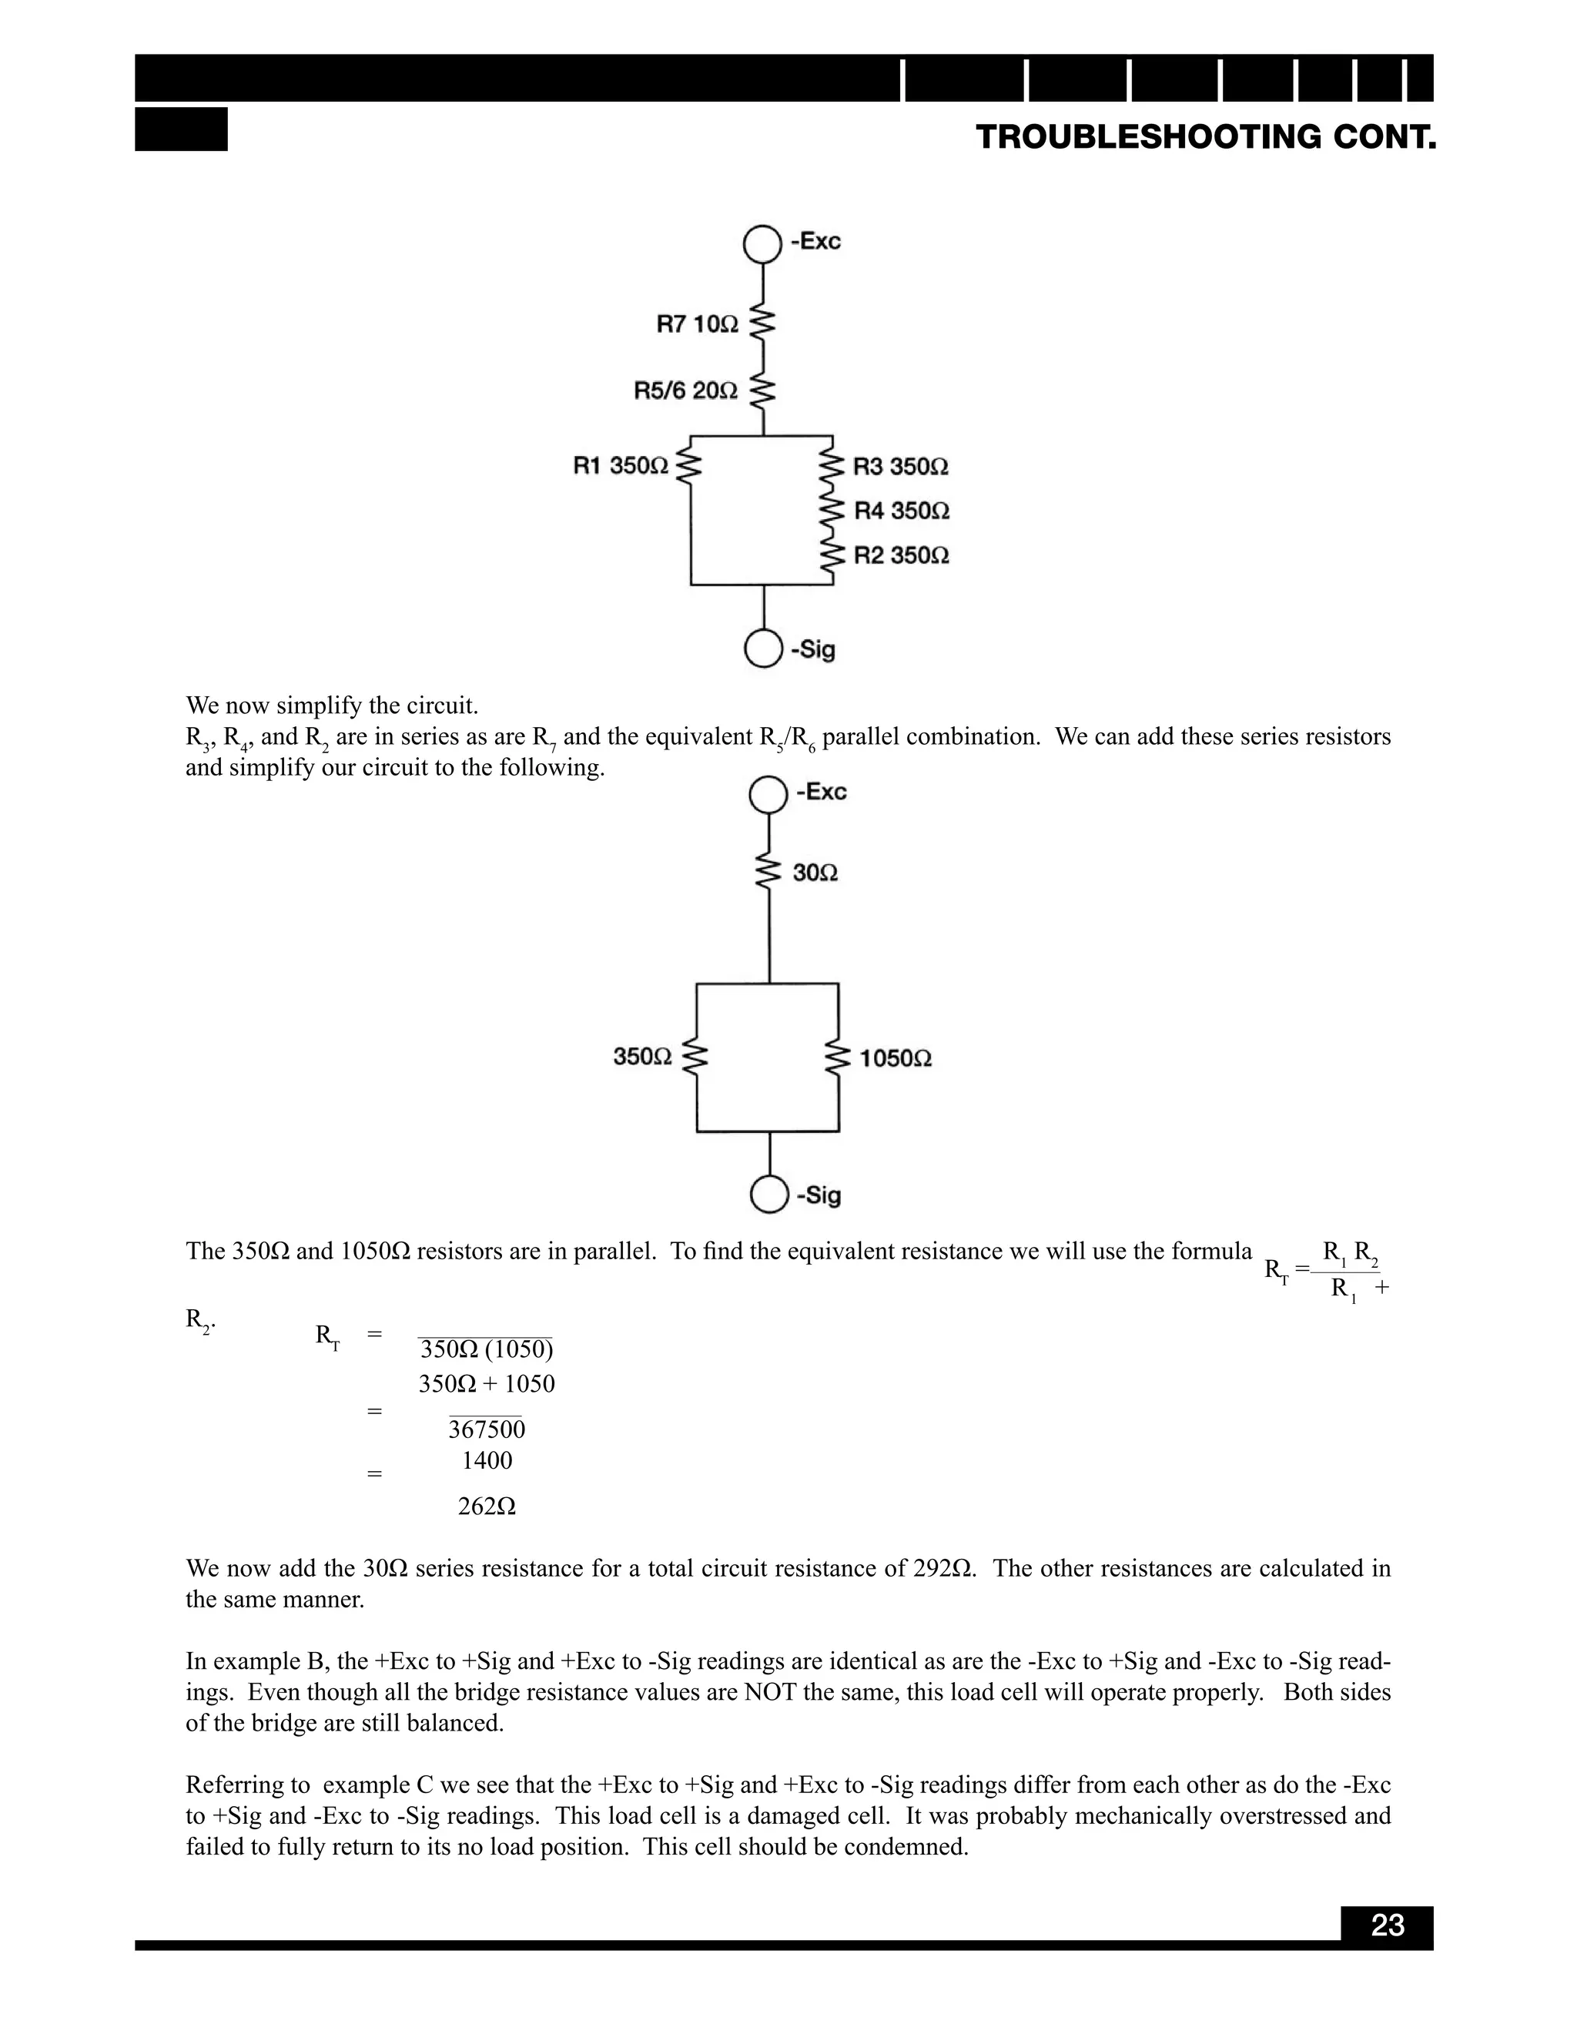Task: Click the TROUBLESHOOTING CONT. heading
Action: pyautogui.click(x=1205, y=137)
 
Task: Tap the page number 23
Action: pyautogui.click(x=1388, y=1925)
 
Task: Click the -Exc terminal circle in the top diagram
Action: pyautogui.click(x=762, y=245)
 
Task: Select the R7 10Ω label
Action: pyautogui.click(x=697, y=324)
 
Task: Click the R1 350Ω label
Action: pyautogui.click(x=621, y=465)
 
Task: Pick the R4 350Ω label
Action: pyautogui.click(x=902, y=511)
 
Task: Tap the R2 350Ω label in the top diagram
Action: pyautogui.click(x=902, y=556)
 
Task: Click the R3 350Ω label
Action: pyautogui.click(x=901, y=466)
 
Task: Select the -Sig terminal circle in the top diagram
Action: pyautogui.click(x=763, y=648)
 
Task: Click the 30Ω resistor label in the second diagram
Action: pyautogui.click(x=815, y=873)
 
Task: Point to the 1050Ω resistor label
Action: pyautogui.click(x=895, y=1059)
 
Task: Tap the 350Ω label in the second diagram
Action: pyautogui.click(x=642, y=1057)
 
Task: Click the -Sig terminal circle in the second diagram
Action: pyautogui.click(x=769, y=1195)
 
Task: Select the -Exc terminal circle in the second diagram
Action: pyautogui.click(x=769, y=796)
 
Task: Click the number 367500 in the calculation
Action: pyautogui.click(x=487, y=1429)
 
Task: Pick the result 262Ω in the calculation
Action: pyautogui.click(x=487, y=1506)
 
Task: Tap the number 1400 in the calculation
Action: pyautogui.click(x=487, y=1460)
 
